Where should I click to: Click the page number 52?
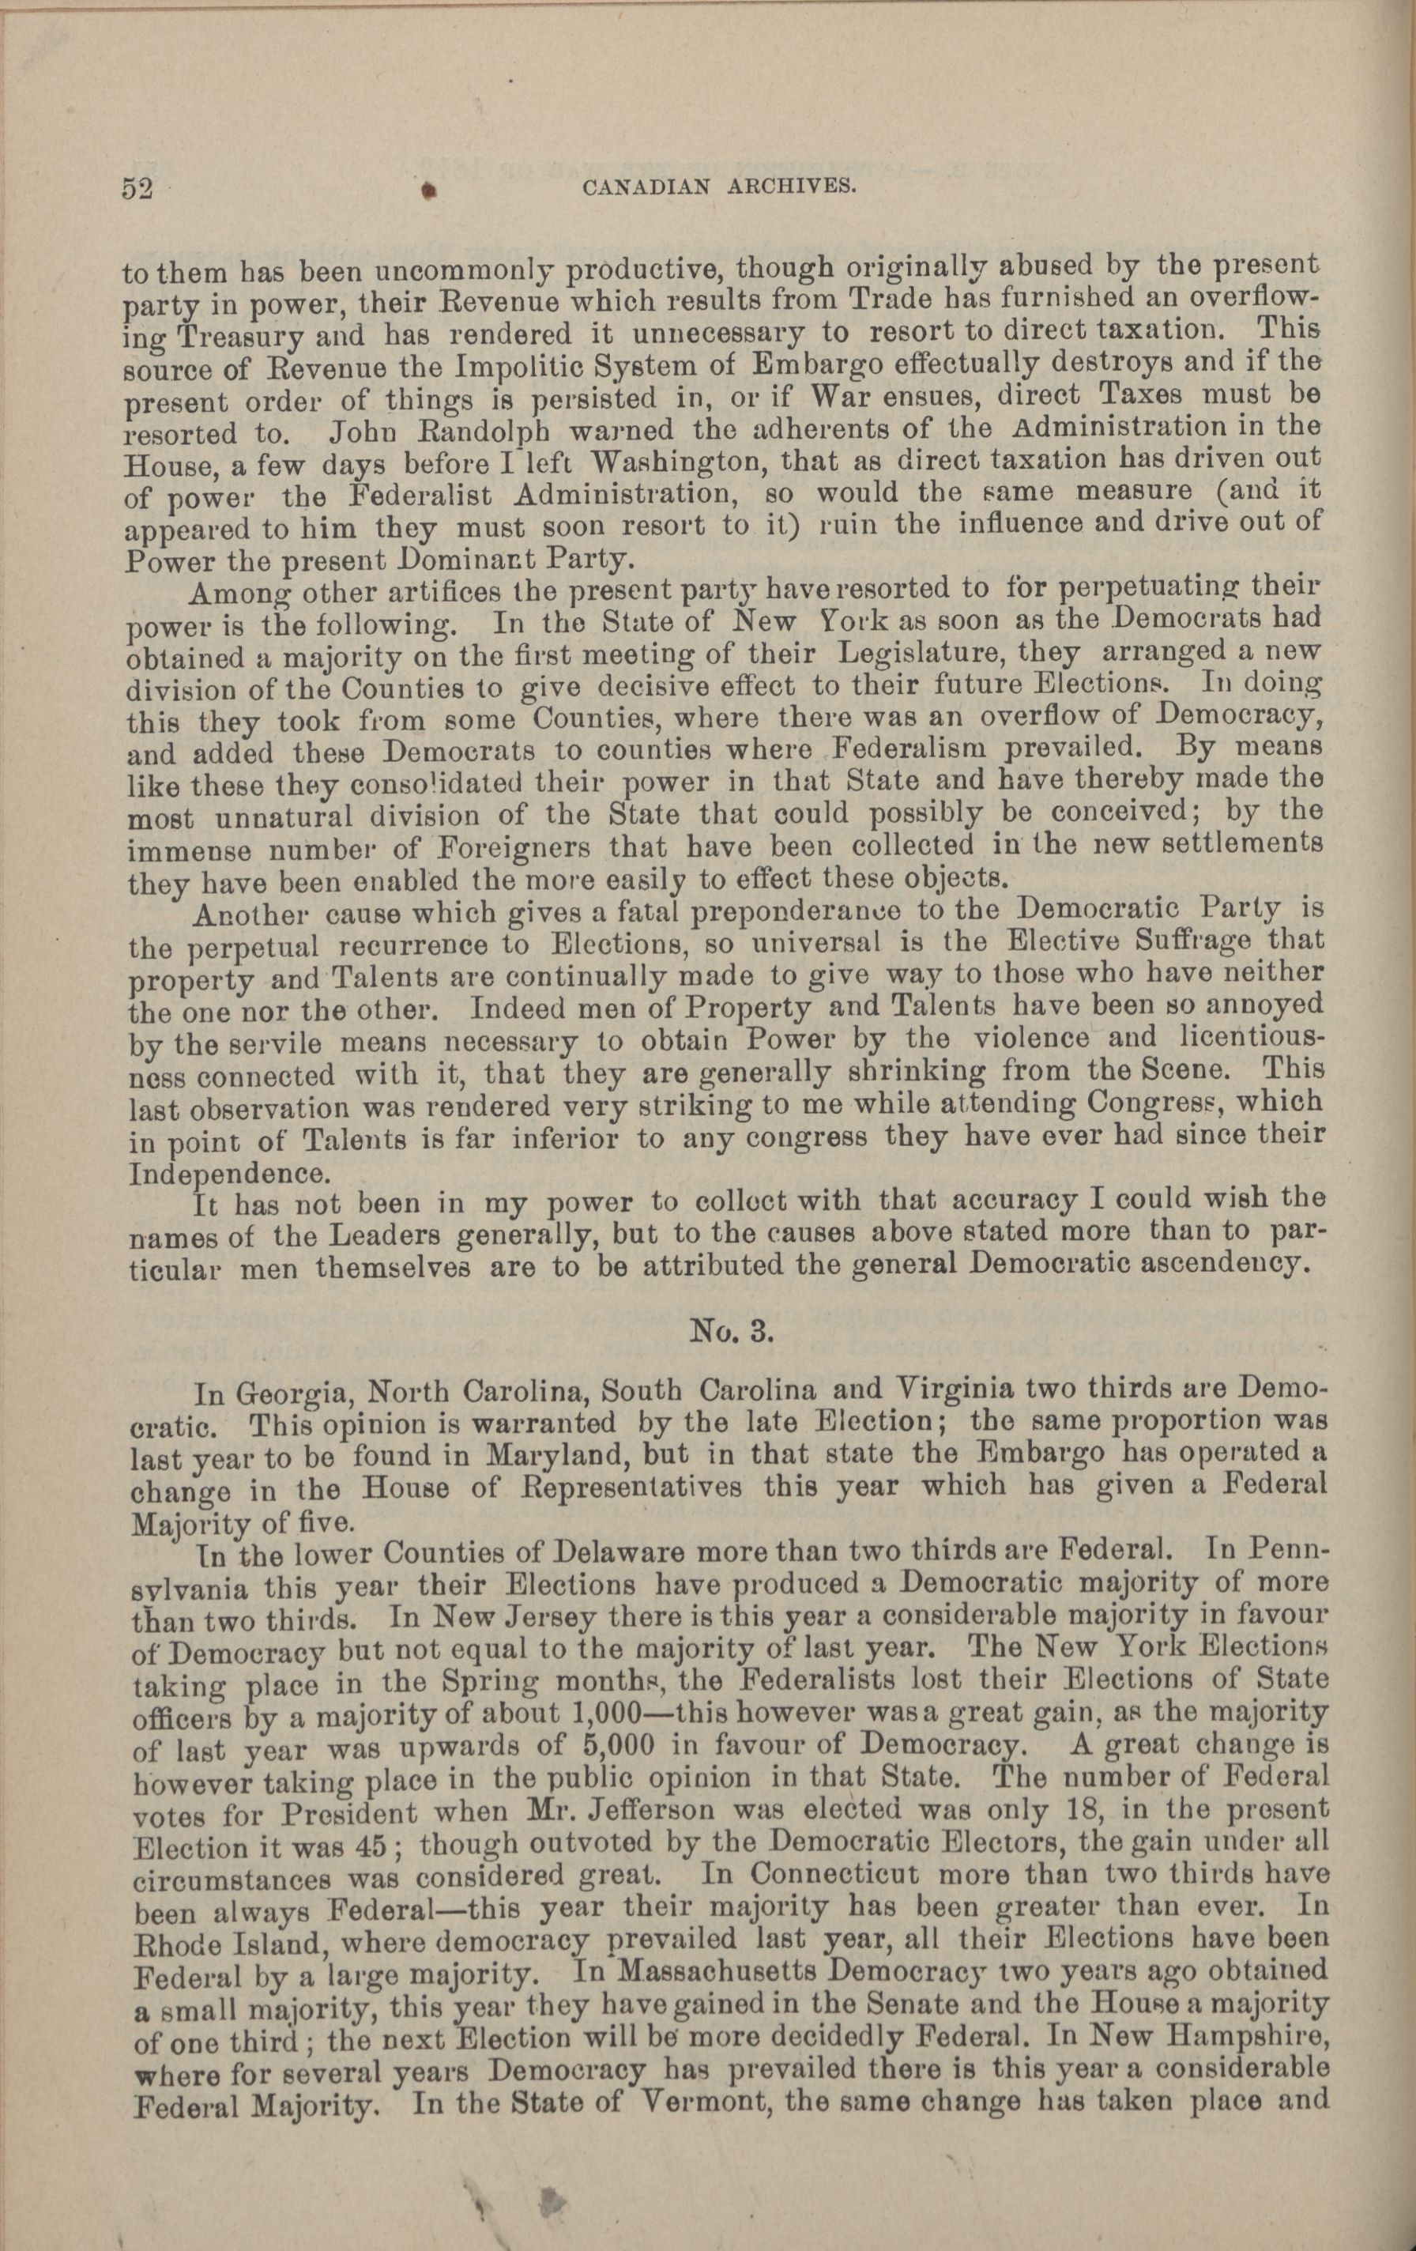137,188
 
